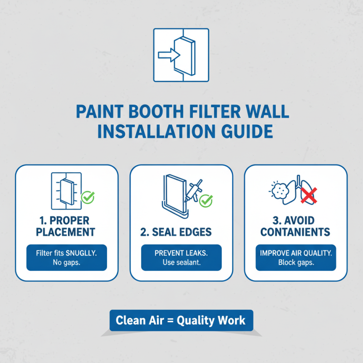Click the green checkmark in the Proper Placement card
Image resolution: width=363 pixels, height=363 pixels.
click(87, 197)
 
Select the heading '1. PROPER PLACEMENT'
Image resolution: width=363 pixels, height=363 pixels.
click(67, 226)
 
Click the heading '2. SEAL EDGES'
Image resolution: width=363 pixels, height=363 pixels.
click(176, 232)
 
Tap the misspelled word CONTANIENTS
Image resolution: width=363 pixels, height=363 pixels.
click(295, 232)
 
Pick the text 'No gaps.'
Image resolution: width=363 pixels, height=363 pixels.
click(67, 263)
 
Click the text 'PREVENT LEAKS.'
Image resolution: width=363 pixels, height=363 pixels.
click(181, 253)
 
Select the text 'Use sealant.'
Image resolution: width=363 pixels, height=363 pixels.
click(181, 263)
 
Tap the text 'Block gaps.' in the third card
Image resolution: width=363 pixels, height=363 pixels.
click(295, 263)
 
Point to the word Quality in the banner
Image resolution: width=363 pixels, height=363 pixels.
click(198, 321)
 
